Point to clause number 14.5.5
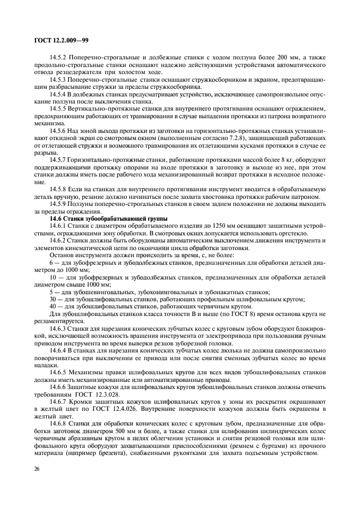tap(59, 109)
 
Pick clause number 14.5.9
tap(59, 203)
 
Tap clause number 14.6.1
tap(59, 226)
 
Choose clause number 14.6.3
tap(59, 329)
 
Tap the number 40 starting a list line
tap(53, 306)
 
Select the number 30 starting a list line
tap(53, 299)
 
